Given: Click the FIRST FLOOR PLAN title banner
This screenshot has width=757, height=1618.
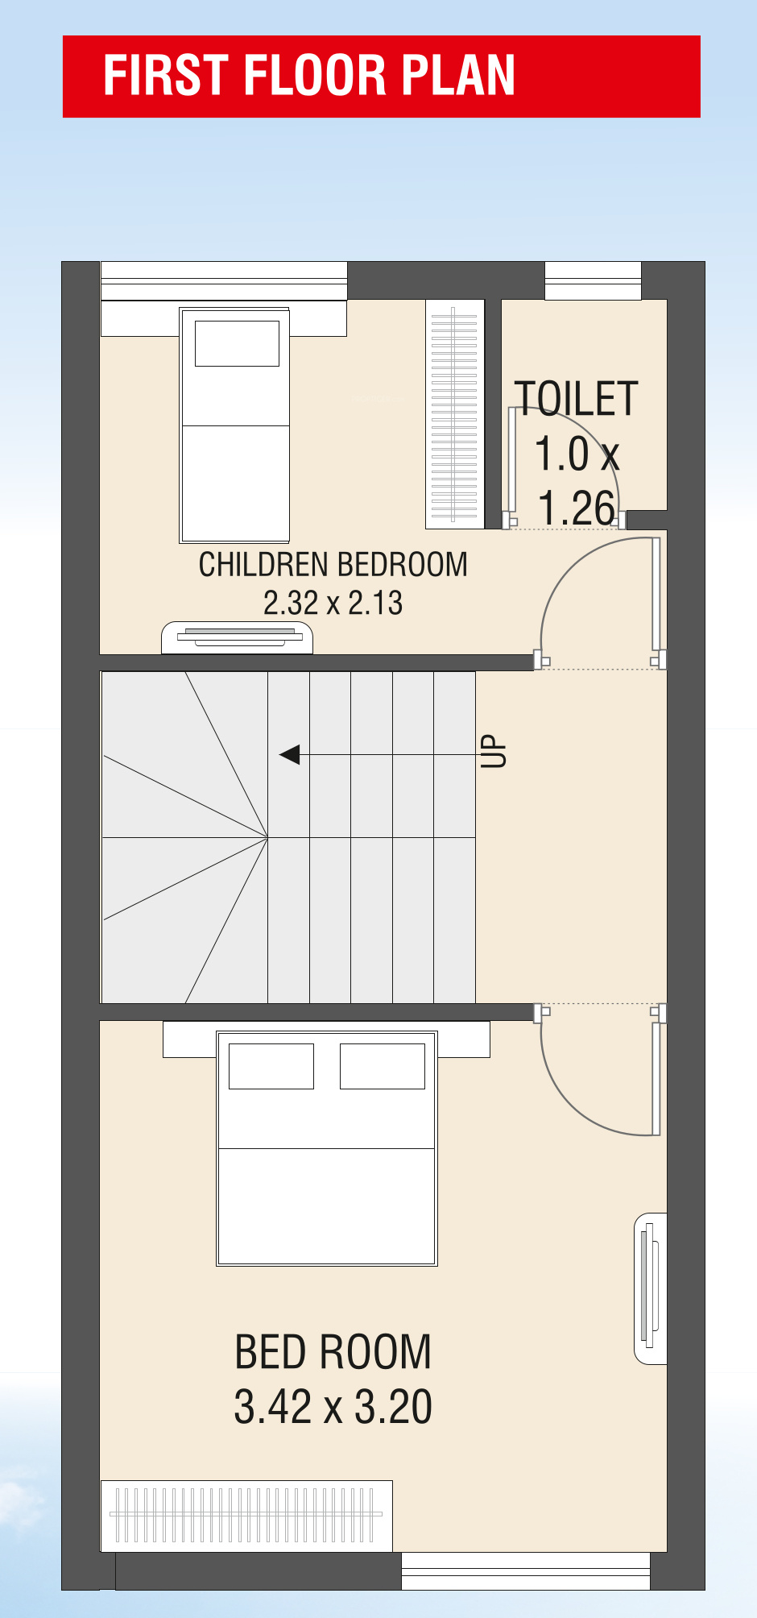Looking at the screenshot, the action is point(381,77).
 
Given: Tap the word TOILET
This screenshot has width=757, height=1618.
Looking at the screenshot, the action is point(577,399).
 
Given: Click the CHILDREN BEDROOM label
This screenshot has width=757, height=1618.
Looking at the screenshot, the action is point(333,565).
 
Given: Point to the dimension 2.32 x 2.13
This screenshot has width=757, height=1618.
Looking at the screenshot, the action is point(333,603).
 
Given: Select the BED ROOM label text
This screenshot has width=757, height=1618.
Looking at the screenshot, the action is point(333,1351).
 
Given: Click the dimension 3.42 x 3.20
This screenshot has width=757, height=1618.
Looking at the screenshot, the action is point(333,1407).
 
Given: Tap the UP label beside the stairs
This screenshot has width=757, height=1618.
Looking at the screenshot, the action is point(494,751).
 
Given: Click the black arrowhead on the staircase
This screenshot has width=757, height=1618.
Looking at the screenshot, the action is point(290,755).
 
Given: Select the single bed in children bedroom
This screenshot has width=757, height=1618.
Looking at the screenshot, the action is point(234,425).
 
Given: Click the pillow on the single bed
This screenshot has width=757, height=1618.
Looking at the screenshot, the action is point(237,343).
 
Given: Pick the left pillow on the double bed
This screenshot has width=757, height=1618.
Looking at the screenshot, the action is point(271,1066).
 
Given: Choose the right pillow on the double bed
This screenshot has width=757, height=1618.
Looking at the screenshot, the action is point(383,1066).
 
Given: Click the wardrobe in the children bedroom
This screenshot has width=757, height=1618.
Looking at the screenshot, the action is point(455,414).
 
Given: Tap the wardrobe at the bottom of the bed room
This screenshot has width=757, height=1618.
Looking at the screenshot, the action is point(246,1516).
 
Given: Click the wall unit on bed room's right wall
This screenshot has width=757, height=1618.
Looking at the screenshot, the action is point(651,1288).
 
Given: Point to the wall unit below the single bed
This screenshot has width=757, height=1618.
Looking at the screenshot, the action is point(237,637).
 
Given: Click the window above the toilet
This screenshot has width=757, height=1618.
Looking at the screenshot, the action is point(593,280).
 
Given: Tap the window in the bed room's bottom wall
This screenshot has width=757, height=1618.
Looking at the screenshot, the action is point(526,1570).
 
